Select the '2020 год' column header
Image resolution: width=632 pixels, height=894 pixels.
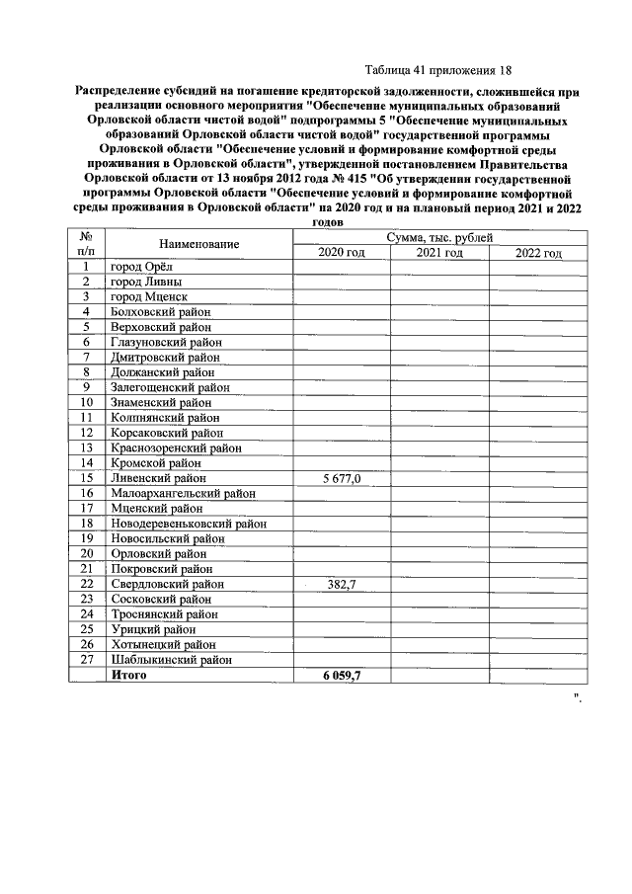(x=342, y=254)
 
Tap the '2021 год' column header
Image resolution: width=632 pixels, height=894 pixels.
(x=439, y=254)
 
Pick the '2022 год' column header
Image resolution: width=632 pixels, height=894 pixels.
(x=538, y=254)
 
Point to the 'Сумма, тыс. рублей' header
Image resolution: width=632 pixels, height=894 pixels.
(x=439, y=238)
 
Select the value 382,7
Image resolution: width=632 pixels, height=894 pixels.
(x=342, y=585)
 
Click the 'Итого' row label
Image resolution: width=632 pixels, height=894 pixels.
(x=128, y=676)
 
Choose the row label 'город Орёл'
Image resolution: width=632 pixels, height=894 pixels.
(x=141, y=267)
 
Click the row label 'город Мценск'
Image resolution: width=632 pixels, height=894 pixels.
(x=148, y=296)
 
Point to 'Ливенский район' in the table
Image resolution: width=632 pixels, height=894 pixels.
(x=159, y=478)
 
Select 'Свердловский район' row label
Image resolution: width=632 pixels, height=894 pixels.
(x=167, y=585)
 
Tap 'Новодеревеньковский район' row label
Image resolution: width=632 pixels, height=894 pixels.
(x=188, y=524)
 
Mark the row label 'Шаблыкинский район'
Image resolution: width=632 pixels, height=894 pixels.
(x=171, y=660)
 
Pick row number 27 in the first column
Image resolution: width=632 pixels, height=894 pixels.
(x=87, y=660)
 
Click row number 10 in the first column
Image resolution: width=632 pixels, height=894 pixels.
(x=87, y=402)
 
